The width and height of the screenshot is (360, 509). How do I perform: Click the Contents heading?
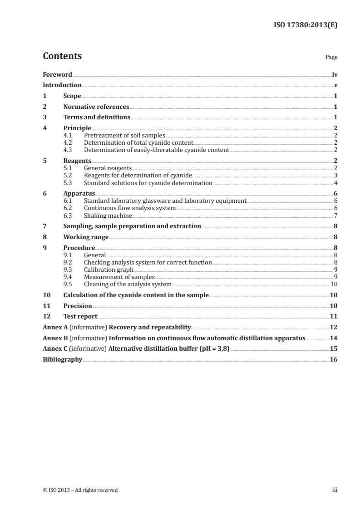pyautogui.click(x=62, y=56)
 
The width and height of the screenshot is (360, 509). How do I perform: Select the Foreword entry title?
pyautogui.click(x=57, y=74)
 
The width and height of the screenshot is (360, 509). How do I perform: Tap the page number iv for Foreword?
pyautogui.click(x=334, y=74)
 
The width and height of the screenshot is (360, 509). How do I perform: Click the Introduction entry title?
pyautogui.click(x=62, y=85)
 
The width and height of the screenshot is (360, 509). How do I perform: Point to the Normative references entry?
pyautogui.click(x=96, y=107)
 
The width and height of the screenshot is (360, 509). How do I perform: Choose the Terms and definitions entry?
pyautogui.click(x=97, y=117)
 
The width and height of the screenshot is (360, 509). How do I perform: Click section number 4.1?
pyautogui.click(x=68, y=135)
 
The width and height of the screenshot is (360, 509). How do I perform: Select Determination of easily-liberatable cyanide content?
pyautogui.click(x=157, y=149)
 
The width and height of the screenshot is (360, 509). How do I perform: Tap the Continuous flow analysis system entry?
pyautogui.click(x=130, y=208)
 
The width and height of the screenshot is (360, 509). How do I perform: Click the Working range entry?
pyautogui.click(x=86, y=237)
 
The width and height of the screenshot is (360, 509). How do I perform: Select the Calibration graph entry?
pyautogui.click(x=108, y=269)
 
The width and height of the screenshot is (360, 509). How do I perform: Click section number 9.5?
pyautogui.click(x=68, y=284)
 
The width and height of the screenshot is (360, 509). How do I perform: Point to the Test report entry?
pyautogui.click(x=80, y=316)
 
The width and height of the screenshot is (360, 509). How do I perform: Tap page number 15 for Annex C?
pyautogui.click(x=333, y=349)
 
